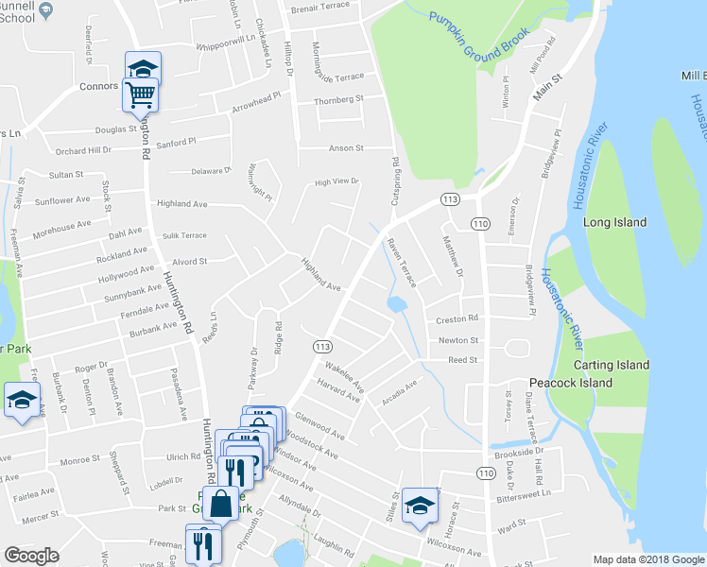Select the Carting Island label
click(x=615, y=365)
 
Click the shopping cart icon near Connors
click(x=140, y=94)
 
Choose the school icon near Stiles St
click(x=419, y=504)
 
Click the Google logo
click(x=31, y=556)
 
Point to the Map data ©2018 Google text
click(x=648, y=559)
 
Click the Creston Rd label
click(x=457, y=318)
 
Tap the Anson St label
click(x=346, y=147)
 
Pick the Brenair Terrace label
click(x=319, y=6)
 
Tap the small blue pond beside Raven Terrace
click(x=397, y=304)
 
